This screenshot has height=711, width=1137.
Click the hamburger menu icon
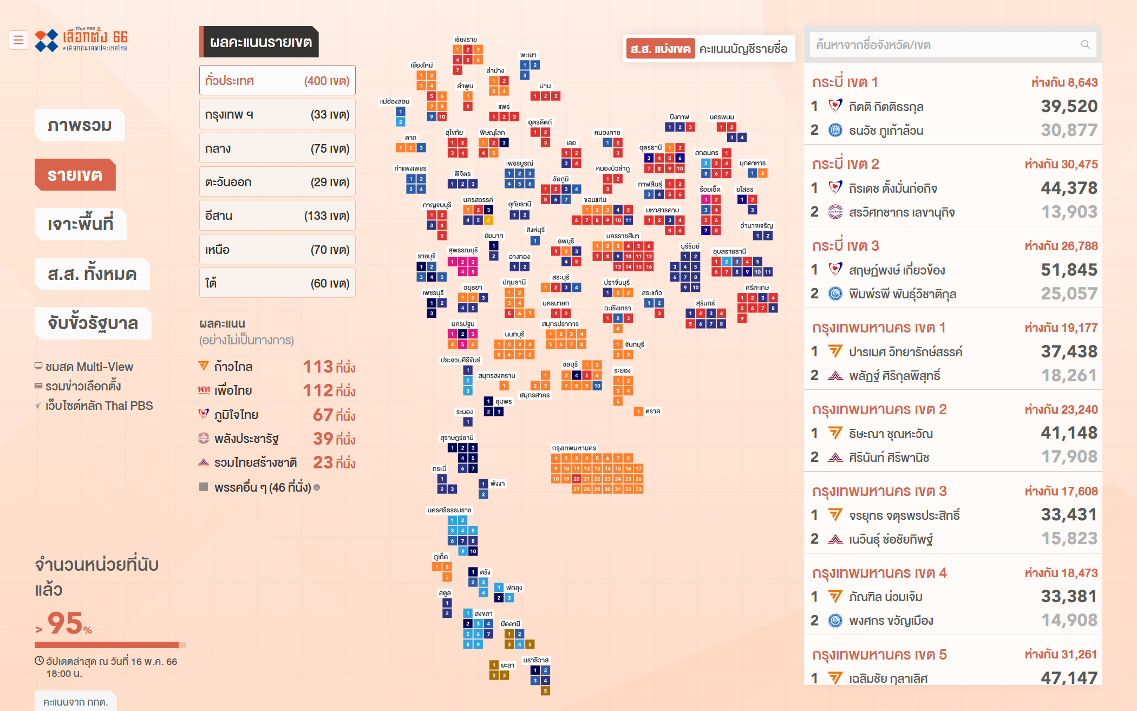point(18,40)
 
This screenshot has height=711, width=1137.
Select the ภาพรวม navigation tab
point(80,126)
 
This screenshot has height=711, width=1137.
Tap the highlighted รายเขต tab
point(75,175)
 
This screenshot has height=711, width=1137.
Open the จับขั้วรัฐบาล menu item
point(93,323)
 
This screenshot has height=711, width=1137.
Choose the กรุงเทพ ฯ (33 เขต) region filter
point(277,114)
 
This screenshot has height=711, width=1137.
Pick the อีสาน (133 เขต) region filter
point(277,216)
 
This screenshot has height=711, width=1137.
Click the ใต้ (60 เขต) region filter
point(277,283)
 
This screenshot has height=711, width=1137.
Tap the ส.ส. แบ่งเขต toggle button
point(660,49)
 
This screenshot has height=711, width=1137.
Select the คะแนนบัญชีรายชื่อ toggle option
point(743,49)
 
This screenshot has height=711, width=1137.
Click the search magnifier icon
point(1085,45)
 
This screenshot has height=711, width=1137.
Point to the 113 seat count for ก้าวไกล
point(318,367)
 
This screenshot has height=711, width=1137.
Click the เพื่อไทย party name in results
point(233,390)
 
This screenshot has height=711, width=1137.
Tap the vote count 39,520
point(1069,106)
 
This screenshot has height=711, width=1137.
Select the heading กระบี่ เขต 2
point(845,164)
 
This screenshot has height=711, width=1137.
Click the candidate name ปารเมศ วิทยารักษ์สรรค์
point(905,352)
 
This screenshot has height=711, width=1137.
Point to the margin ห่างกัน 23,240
point(1061,409)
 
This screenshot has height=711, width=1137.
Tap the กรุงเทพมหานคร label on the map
point(574,448)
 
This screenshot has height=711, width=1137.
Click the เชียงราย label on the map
point(466,40)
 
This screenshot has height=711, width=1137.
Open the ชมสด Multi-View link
point(89,367)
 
